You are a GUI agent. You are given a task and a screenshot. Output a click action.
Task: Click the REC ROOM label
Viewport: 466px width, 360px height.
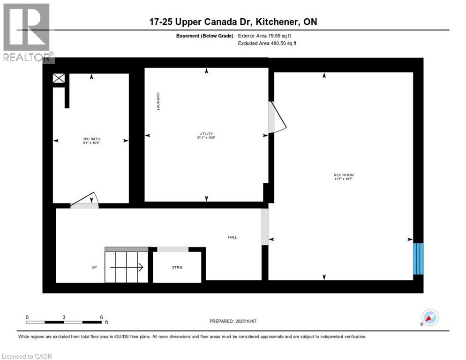(340, 175)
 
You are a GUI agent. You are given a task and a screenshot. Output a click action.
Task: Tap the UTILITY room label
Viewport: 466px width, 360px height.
(206, 134)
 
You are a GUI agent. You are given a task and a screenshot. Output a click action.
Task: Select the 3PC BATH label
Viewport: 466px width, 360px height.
(91, 139)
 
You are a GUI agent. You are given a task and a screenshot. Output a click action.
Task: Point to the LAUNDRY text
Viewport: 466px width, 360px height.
(159, 101)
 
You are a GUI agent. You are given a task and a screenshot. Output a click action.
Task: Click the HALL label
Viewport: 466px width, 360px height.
(233, 237)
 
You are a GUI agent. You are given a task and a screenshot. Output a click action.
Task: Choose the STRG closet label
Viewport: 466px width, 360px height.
(177, 267)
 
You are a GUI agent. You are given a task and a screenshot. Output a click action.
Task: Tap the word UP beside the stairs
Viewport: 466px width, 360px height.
(94, 267)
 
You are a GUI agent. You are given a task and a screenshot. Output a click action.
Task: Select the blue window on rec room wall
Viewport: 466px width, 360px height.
(418, 258)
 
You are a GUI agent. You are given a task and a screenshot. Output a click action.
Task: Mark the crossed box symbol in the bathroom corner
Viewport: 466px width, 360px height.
(59, 79)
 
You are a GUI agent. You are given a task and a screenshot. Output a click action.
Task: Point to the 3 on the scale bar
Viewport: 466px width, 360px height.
(64, 317)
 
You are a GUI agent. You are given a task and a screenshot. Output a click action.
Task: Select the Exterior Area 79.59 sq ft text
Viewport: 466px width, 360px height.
(267, 36)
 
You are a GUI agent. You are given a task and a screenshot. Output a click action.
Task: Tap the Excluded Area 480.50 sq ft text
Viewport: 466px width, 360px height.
(267, 43)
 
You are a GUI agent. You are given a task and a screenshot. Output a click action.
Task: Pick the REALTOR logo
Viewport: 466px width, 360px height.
(27, 32)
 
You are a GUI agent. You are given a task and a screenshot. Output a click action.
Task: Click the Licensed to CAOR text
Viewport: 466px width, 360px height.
(27, 356)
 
